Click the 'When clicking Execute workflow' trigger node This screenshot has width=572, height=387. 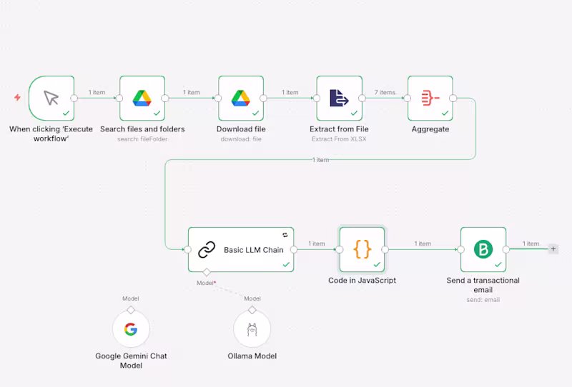pos(51,99)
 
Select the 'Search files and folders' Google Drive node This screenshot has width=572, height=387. pos(142,99)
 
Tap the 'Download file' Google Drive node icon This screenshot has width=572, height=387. pos(240,99)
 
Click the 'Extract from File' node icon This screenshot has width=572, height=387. pos(339,99)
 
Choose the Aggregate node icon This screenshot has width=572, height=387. pos(430,99)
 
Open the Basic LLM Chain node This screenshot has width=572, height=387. pos(242,250)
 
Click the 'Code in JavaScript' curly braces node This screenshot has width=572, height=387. pos(362,250)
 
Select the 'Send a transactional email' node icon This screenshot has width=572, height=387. pos(483,250)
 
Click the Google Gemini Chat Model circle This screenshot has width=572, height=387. pos(131,329)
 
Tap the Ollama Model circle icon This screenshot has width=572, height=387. pos(252,329)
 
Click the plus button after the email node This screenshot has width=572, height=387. pos(553,249)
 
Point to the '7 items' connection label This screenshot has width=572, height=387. pos(385,92)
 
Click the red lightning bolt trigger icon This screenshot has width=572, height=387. pos(17,97)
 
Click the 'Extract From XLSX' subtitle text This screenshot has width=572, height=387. pos(339,139)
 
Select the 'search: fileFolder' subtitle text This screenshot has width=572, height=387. pos(142,139)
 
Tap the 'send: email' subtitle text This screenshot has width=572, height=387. pos(483,300)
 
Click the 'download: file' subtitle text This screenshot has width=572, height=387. pos(240,139)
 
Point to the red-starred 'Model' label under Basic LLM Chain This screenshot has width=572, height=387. pos(207,283)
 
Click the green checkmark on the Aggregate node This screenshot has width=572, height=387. pos(445,113)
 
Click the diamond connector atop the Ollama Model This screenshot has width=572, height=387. pos(252,310)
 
